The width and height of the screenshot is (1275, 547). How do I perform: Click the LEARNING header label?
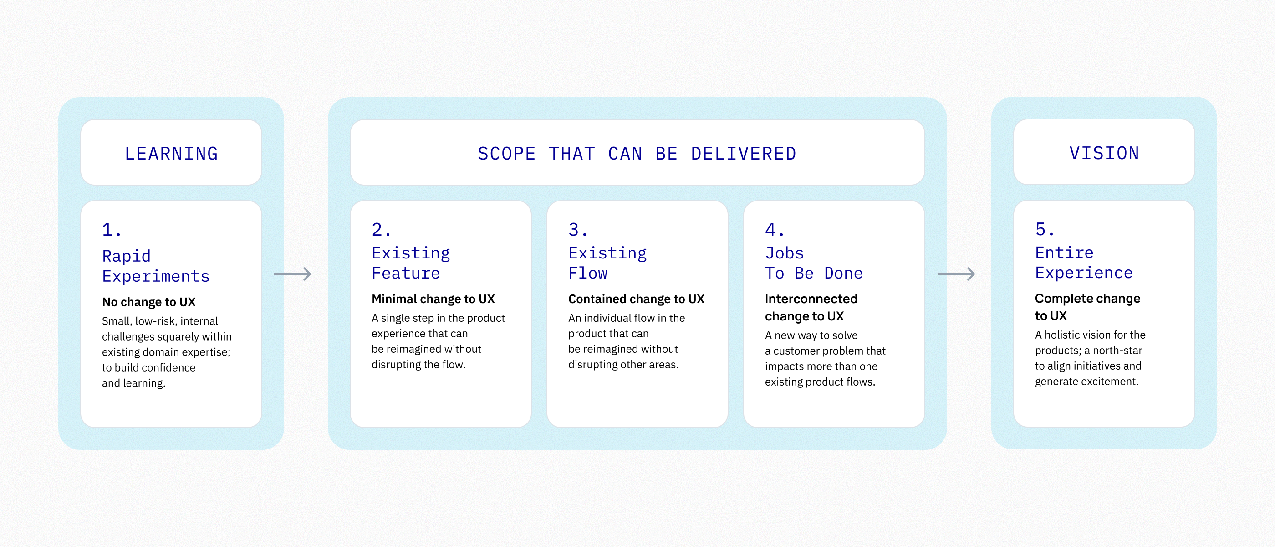171,154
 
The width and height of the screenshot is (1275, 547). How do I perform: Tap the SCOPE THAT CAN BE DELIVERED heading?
637,154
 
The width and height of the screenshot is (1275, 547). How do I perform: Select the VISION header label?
1104,153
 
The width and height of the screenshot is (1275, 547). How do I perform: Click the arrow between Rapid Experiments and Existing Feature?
292,274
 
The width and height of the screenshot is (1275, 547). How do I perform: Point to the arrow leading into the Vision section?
956,274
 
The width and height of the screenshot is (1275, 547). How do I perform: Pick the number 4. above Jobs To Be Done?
775,230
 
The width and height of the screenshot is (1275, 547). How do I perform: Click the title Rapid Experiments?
156,266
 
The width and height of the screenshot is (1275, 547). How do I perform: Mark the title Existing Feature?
411,263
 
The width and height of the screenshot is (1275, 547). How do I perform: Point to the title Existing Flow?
607,263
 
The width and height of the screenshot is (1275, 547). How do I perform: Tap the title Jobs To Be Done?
814,263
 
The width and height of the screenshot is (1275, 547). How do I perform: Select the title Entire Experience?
1084,263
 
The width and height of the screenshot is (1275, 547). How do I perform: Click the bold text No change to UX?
148,302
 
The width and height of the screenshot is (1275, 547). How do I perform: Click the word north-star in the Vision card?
1117,351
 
